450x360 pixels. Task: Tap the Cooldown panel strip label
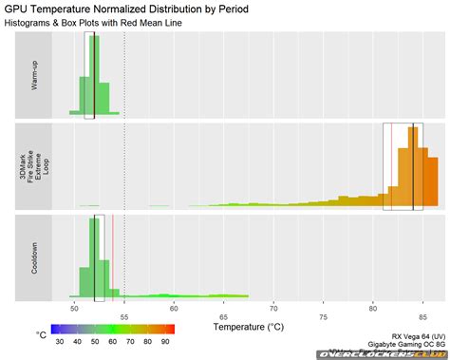(x=34, y=256)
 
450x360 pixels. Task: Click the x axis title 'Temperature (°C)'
(x=249, y=326)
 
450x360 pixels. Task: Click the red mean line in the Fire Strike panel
(x=391, y=166)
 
